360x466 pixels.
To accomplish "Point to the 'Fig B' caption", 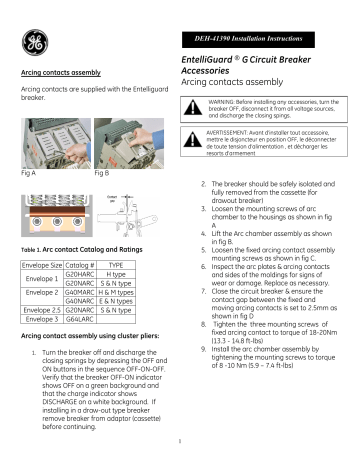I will pyautogui.click(x=102, y=173).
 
